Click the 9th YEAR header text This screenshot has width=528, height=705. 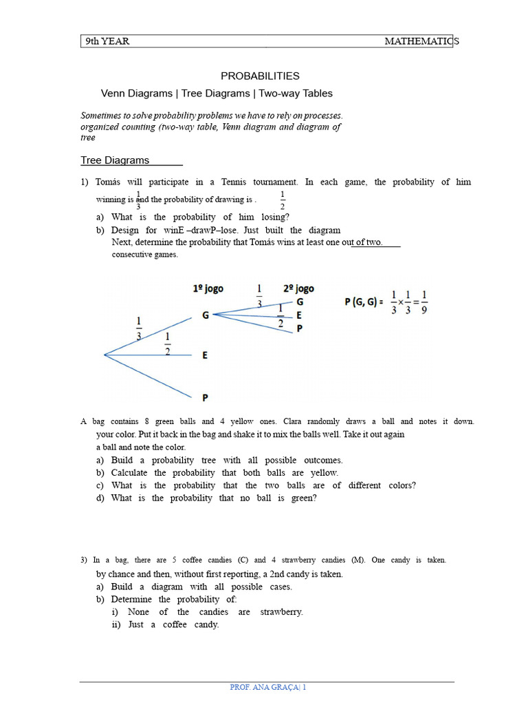[107, 41]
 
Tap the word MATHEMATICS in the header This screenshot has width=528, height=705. [421, 41]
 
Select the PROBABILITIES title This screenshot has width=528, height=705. [259, 76]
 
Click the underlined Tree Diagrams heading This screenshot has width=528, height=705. [115, 160]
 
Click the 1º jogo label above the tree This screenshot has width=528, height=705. [208, 289]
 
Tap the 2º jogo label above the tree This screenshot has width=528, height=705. [298, 289]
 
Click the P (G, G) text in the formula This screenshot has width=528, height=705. [362, 301]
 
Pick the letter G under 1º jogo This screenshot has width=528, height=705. [205, 315]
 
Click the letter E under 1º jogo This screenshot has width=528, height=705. [205, 355]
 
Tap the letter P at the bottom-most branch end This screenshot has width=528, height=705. [205, 397]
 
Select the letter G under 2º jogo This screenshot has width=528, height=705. [299, 302]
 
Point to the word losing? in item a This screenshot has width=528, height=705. [274, 217]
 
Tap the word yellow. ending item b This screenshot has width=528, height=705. [323, 473]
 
